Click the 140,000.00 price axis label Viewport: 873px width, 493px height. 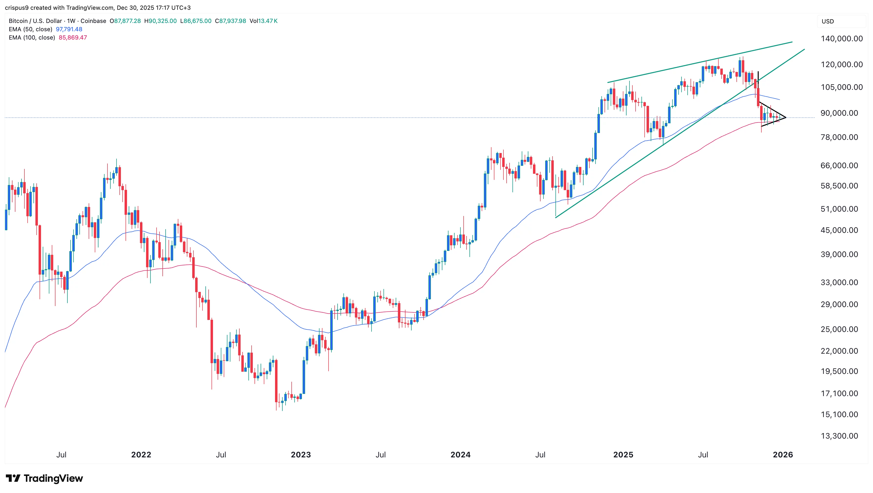841,39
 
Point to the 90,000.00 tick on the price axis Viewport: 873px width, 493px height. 839,113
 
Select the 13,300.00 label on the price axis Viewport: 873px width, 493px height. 839,436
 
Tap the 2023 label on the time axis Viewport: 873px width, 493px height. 301,455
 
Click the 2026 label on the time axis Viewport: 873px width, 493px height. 783,455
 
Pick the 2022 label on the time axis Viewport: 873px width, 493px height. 141,455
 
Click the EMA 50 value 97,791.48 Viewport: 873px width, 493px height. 69,29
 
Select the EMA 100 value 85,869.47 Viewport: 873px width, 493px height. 73,38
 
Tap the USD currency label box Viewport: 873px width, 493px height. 827,21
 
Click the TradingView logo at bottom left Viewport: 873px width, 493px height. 44,478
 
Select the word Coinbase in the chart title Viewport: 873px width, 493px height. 93,21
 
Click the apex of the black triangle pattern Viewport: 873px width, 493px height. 786,117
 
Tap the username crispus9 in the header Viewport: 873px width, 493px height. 17,8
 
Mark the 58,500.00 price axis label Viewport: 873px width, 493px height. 839,186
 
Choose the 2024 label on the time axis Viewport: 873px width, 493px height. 460,455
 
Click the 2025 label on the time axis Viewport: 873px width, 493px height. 623,455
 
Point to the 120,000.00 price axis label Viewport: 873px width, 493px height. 841,65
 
